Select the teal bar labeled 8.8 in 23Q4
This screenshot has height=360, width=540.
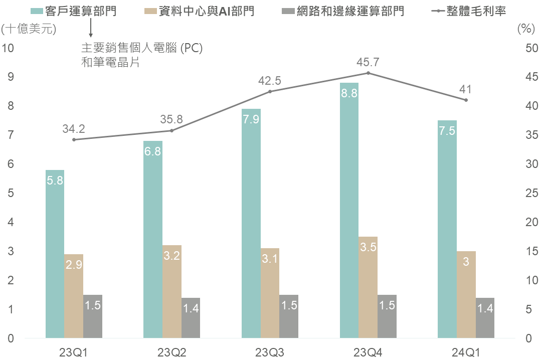point(349,211)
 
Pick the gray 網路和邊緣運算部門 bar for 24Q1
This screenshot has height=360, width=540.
point(485,318)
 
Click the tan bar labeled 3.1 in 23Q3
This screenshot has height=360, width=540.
point(270,293)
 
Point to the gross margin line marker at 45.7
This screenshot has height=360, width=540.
point(368,73)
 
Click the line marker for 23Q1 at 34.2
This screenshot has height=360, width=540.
point(74,139)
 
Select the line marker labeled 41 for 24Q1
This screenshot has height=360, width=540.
point(466,100)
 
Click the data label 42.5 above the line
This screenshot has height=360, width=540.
point(270,81)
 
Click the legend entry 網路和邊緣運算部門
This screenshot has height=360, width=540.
point(343,11)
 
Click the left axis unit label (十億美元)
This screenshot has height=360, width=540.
point(29,29)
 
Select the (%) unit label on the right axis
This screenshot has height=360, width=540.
point(526,29)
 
